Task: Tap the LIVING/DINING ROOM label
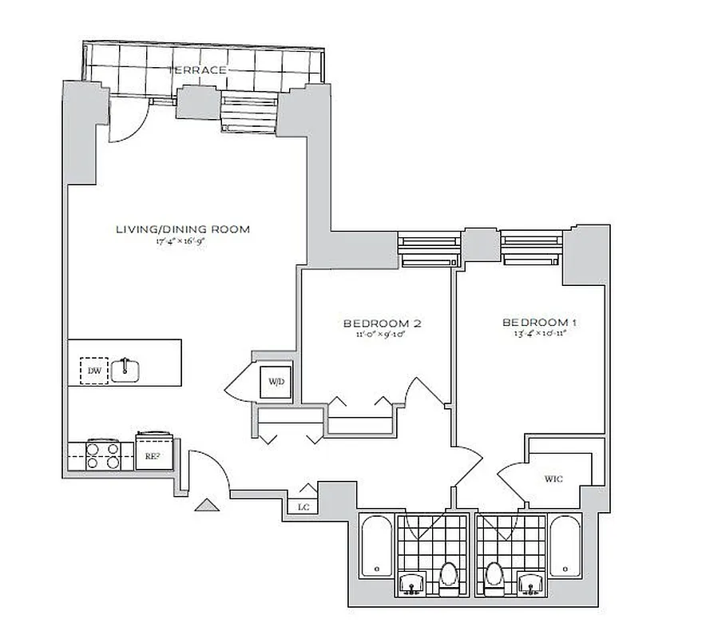point(183,229)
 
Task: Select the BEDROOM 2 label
point(382,323)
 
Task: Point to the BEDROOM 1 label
point(539,323)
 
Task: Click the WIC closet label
point(554,479)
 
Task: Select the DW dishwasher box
point(94,371)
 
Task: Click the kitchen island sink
point(126,370)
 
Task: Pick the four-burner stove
point(102,454)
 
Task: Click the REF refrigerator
point(151,455)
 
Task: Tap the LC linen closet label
point(303,507)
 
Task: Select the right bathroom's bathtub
point(565,546)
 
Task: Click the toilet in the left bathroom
point(448,577)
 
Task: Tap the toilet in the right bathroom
point(495,577)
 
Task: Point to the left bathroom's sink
point(413,584)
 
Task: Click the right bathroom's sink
point(529,584)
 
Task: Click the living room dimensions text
point(183,240)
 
